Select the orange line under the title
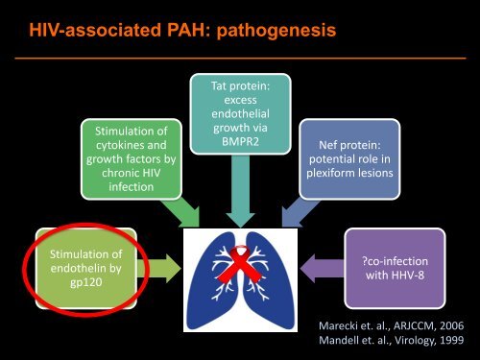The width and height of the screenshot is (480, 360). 240,57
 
